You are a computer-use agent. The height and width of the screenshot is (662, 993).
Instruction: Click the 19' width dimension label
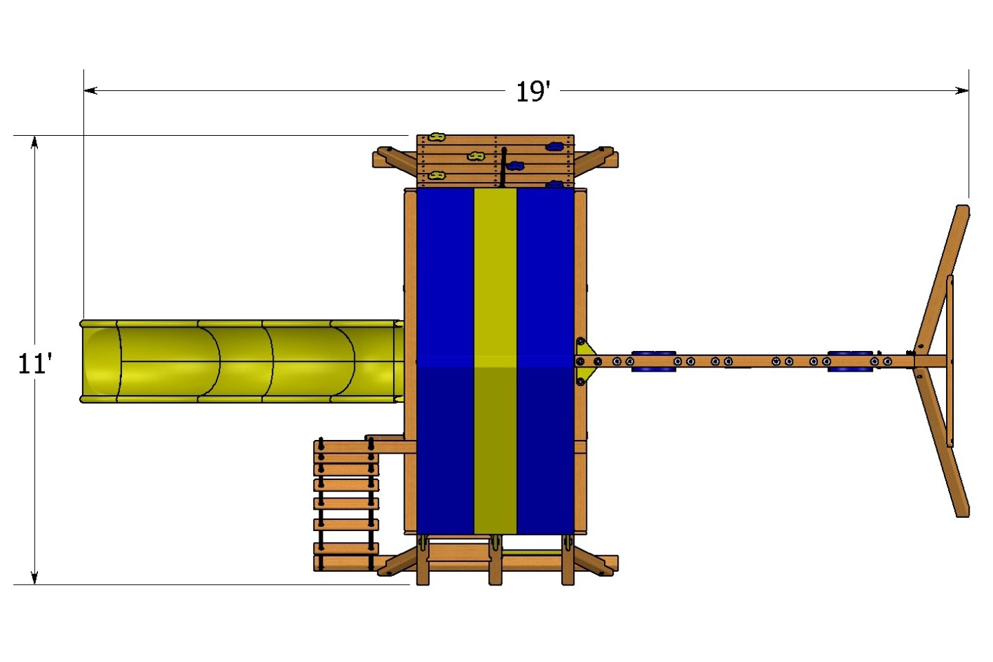pos(533,92)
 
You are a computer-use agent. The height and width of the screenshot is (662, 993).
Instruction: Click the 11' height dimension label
pos(34,363)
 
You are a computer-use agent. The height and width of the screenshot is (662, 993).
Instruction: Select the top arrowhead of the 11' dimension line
pos(34,141)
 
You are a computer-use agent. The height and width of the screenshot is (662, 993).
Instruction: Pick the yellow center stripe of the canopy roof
pos(495,359)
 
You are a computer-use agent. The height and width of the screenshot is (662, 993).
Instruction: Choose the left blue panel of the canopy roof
pos(445,359)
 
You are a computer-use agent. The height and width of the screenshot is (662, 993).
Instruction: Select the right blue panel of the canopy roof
pos(545,359)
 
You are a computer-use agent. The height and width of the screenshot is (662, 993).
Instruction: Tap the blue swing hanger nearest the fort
pos(653,361)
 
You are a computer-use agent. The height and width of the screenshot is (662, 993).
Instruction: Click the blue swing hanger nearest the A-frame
pos(850,361)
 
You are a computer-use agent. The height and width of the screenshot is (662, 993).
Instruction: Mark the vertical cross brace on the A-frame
pos(950,361)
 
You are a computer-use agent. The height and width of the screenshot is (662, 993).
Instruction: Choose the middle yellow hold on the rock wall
pos(475,157)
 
